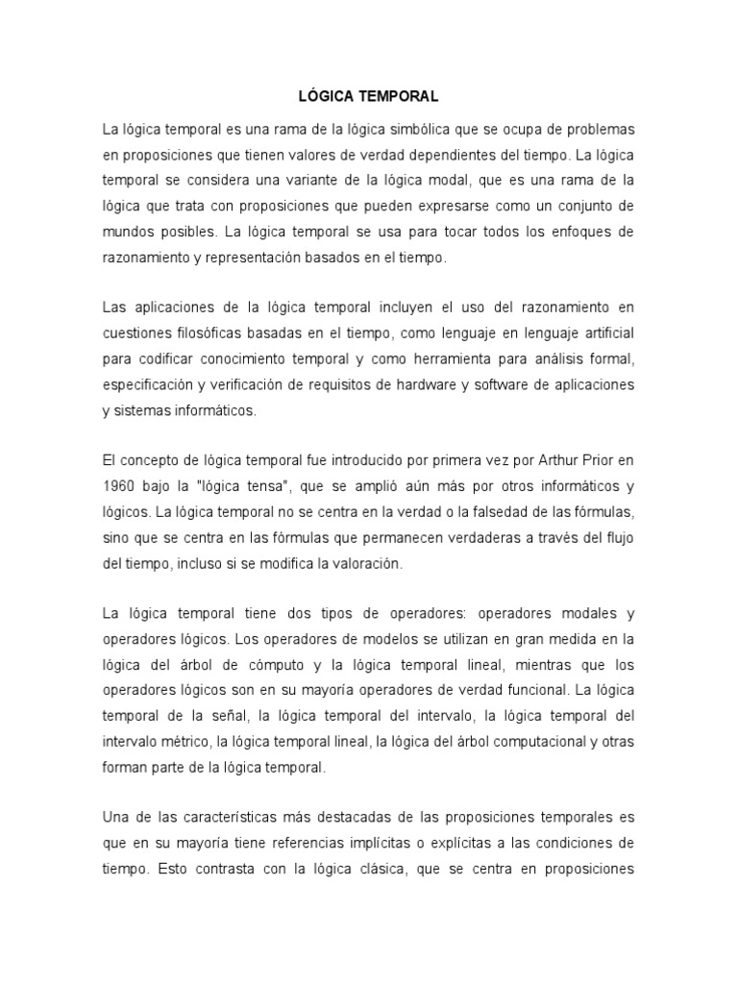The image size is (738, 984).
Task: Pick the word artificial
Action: pyautogui.click(x=602, y=332)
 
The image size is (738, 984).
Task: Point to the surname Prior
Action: pyautogui.click(x=601, y=460)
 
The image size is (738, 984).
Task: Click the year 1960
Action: pyautogui.click(x=119, y=486)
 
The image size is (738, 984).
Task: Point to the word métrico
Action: pyautogui.click(x=181, y=742)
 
